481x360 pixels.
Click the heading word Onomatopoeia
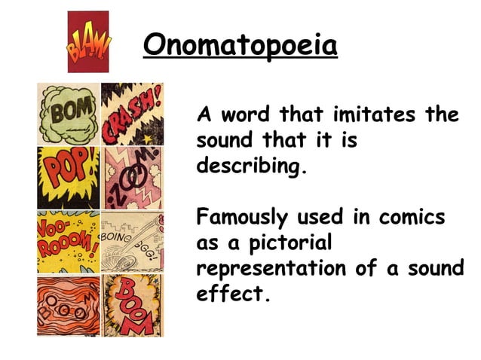click(240, 46)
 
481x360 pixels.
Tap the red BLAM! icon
click(88, 42)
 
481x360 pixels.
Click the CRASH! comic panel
click(132, 114)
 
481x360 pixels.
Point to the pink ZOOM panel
click(132, 178)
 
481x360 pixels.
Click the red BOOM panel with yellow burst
click(132, 305)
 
